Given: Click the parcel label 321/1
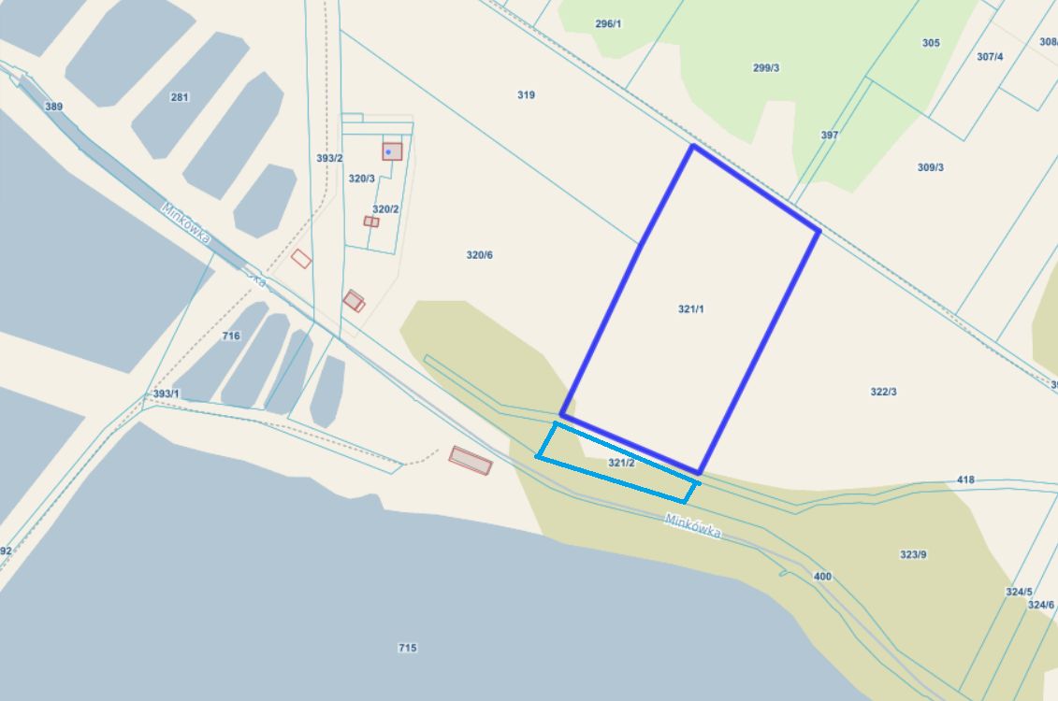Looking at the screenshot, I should tap(690, 308).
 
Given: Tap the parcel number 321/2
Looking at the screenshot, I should tap(622, 463).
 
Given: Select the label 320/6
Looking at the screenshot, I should tap(479, 255).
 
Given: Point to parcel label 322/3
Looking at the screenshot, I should tap(883, 392).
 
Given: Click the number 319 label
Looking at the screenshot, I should tap(526, 94).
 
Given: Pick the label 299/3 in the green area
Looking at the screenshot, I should tap(765, 67).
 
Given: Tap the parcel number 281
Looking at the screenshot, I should tap(180, 97).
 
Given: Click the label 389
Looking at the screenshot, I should tap(53, 107).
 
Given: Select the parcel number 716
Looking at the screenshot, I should tap(231, 336).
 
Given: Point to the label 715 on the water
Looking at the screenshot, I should tap(407, 648).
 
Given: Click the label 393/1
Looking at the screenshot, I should tap(166, 393).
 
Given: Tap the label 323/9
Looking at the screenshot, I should tap(913, 554).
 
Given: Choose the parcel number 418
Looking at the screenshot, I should tap(965, 479).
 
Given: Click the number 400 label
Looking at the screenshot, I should tap(822, 577).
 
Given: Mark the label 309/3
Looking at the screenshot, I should tap(930, 167).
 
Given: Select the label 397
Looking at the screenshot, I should tap(830, 135).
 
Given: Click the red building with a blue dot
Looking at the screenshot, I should tap(392, 151).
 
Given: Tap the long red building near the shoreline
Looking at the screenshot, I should tap(470, 460).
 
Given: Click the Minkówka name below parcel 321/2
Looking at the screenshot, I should tap(693, 525).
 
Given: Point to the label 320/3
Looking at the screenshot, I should tap(361, 178).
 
